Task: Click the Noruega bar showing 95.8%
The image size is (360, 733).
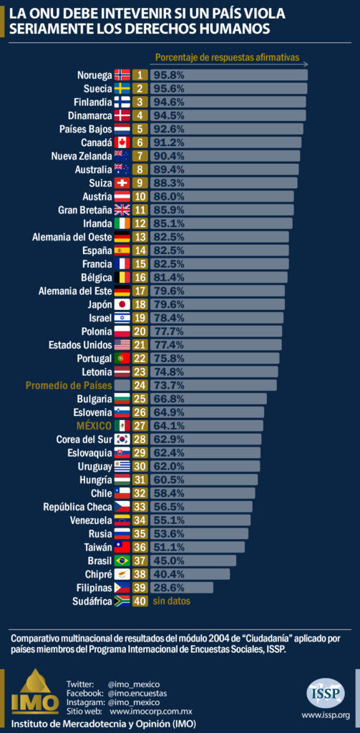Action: (x=228, y=74)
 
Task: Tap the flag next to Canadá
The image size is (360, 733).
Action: (x=122, y=142)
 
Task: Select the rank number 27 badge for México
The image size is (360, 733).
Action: (x=140, y=425)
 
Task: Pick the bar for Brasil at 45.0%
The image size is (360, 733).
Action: (x=193, y=560)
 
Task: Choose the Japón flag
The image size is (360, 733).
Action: (x=122, y=304)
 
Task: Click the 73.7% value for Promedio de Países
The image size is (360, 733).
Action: (x=168, y=385)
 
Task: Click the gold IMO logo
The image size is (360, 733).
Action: (x=35, y=692)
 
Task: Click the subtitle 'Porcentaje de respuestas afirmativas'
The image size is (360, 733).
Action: (x=226, y=57)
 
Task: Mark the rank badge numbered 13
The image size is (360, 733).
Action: (x=140, y=236)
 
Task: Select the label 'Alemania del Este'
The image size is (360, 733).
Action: (x=75, y=291)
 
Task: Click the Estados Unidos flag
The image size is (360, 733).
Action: (x=122, y=344)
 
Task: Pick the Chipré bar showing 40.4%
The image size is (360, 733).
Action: (x=190, y=574)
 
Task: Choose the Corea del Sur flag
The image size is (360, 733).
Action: (x=122, y=439)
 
